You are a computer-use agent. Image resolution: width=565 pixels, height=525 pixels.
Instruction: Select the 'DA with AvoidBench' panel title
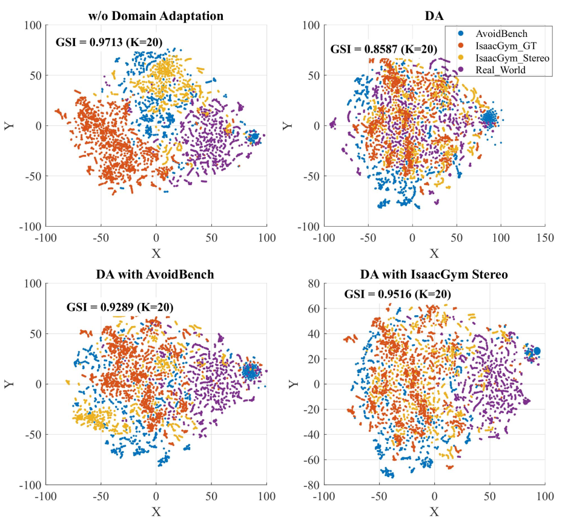(156, 274)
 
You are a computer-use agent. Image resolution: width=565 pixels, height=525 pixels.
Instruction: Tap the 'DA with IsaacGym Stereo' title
(434, 274)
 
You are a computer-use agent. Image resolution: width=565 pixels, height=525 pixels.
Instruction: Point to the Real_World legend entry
(497, 70)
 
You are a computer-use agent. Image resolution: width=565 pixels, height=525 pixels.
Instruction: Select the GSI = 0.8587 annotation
(383, 49)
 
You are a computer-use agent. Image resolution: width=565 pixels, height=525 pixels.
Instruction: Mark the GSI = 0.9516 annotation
(397, 295)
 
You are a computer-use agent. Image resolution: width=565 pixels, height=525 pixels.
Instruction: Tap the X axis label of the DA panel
(434, 252)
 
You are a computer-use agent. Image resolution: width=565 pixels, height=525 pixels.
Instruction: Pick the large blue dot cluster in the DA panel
(489, 118)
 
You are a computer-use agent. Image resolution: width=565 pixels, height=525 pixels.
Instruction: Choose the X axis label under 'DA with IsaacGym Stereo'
(434, 512)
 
